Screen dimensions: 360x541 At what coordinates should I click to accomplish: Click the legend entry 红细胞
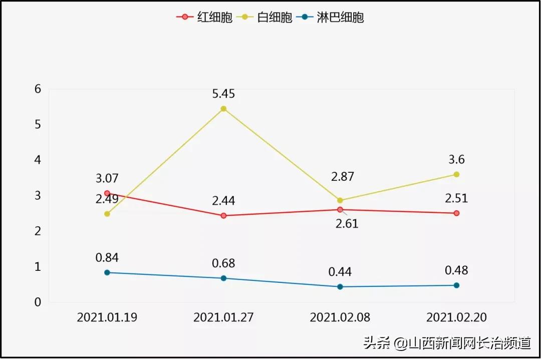click(x=204, y=18)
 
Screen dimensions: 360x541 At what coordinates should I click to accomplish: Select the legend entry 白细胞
click(x=263, y=18)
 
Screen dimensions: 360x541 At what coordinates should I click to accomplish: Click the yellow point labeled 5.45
click(x=223, y=109)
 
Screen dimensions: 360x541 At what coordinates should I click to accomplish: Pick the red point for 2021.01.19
click(x=107, y=193)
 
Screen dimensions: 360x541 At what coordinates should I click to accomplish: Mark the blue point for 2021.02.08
click(x=340, y=287)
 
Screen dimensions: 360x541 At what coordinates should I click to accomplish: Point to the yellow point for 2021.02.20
click(x=456, y=174)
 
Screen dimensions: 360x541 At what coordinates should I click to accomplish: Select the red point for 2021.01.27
click(x=223, y=216)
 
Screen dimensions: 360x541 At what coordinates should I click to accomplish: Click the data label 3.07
click(x=107, y=179)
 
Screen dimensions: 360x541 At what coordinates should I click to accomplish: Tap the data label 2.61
click(x=347, y=224)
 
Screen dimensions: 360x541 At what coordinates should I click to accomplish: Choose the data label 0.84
click(x=107, y=258)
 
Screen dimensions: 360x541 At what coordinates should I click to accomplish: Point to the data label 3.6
click(x=456, y=160)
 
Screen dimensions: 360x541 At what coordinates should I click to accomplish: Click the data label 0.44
click(x=340, y=272)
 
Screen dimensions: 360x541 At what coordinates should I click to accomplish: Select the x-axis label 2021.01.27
click(x=223, y=317)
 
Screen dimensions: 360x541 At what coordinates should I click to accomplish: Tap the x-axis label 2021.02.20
click(x=456, y=317)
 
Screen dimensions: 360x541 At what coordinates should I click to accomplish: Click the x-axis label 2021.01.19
click(x=107, y=317)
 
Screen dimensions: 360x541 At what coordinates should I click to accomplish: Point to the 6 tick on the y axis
click(x=38, y=89)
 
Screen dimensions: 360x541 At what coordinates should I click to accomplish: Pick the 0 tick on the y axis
click(x=38, y=302)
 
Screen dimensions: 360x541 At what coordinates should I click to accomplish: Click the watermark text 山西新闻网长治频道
click(x=469, y=343)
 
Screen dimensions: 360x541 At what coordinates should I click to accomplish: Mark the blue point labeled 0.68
click(x=223, y=278)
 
